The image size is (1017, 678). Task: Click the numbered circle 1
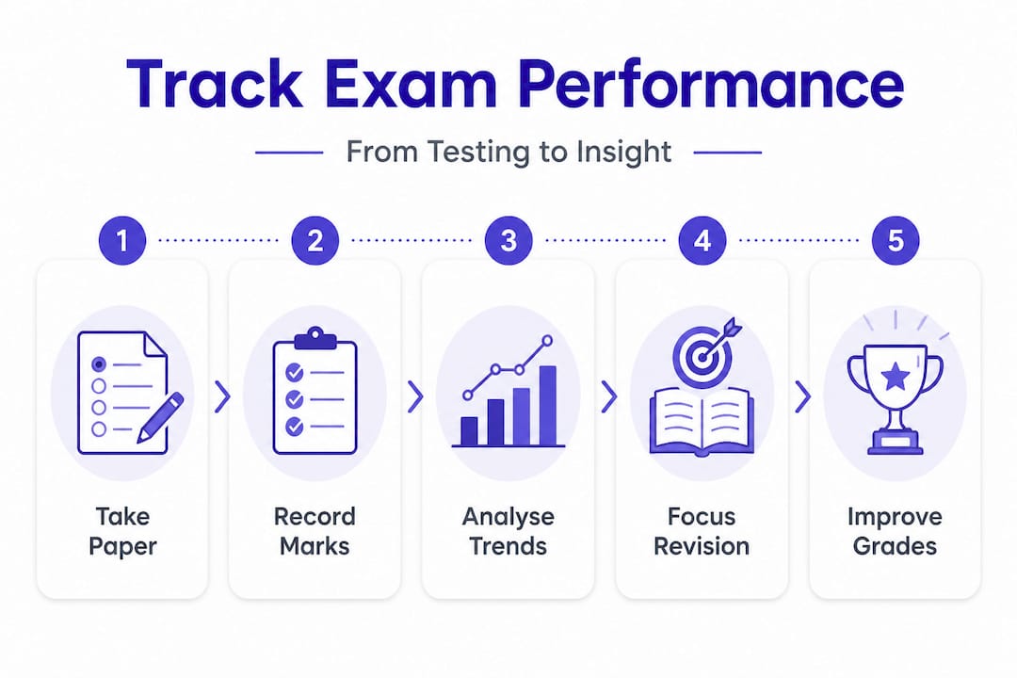point(121,241)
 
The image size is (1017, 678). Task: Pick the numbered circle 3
point(508,241)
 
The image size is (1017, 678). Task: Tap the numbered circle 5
point(896,241)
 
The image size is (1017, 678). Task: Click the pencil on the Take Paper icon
point(160,418)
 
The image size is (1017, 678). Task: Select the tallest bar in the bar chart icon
point(548,406)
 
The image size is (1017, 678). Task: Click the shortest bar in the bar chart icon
point(469,430)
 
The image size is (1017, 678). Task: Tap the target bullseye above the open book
point(702,356)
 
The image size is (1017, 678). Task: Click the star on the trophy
point(896,376)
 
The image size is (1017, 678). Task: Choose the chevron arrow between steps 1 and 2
point(222,396)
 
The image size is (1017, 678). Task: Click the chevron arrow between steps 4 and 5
point(803,396)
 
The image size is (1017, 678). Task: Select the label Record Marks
point(315,531)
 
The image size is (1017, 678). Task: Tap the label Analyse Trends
point(508,531)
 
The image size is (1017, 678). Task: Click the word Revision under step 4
point(702,546)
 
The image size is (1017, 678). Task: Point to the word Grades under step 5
point(896,546)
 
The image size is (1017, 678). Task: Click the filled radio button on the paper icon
point(99,364)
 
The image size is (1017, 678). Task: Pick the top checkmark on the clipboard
point(295,372)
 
